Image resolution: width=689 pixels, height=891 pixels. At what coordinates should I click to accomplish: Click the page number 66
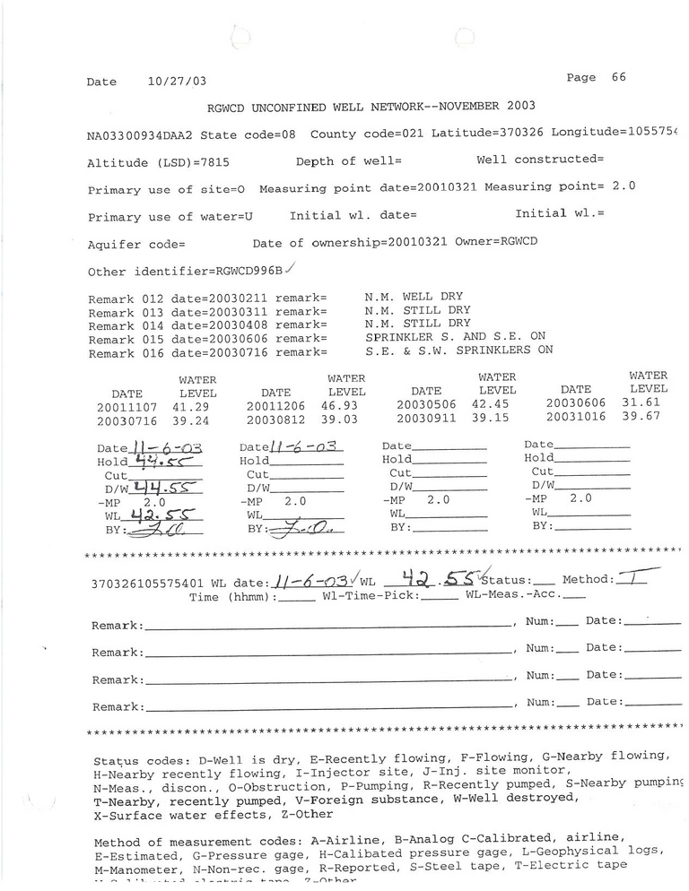618,77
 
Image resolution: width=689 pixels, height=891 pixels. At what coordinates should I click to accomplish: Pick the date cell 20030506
426,405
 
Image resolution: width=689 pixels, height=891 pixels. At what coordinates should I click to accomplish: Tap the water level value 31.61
650,403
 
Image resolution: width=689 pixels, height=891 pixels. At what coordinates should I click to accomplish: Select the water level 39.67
650,417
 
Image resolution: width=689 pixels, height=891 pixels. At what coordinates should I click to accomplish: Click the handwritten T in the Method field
633,579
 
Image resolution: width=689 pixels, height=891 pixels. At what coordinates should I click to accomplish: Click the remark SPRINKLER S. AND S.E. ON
456,336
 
